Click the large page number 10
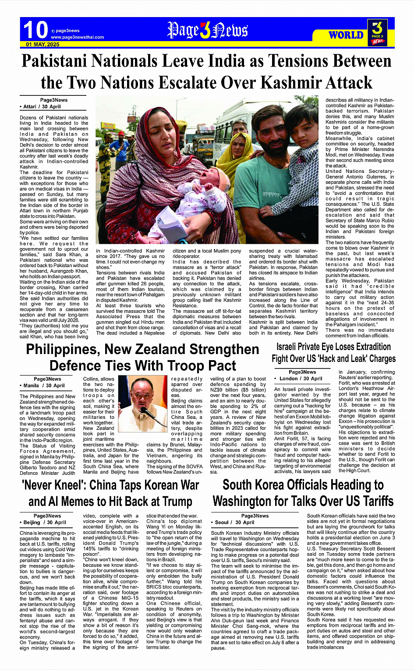(x=35, y=30)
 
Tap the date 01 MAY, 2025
(x=42, y=45)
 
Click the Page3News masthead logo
(x=207, y=31)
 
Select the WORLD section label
(x=346, y=35)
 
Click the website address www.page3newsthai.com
(x=77, y=37)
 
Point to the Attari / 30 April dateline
(x=42, y=106)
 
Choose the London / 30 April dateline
(x=300, y=379)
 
